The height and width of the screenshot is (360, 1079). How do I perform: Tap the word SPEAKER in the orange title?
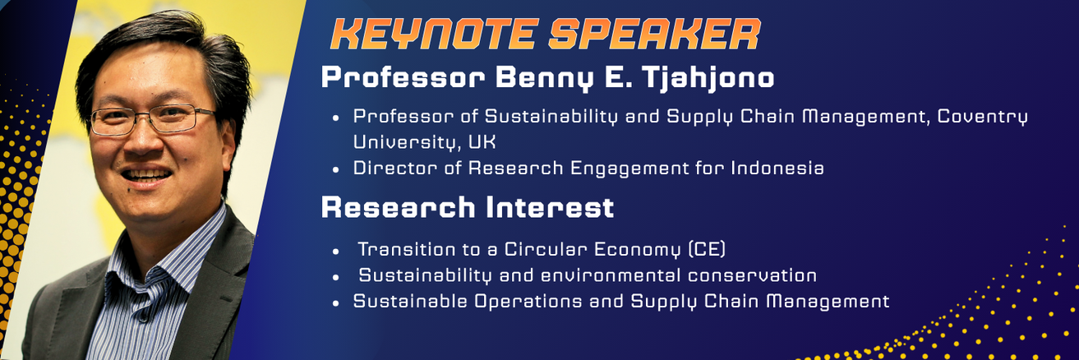[655, 35]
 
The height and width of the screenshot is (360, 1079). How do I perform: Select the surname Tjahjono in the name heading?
[708, 78]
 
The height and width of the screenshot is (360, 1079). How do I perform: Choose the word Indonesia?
[777, 168]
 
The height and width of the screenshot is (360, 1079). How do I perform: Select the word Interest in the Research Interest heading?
[550, 207]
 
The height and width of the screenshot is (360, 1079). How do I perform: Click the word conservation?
[752, 275]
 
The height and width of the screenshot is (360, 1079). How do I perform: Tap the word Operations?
[528, 301]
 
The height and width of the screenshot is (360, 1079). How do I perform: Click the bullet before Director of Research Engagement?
[336, 169]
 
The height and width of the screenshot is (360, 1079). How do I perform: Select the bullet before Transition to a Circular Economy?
[336, 251]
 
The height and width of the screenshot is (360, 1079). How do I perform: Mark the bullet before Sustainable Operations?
[336, 303]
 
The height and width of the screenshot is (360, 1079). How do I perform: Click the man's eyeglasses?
[152, 119]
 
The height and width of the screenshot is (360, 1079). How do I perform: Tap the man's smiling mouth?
[145, 176]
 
